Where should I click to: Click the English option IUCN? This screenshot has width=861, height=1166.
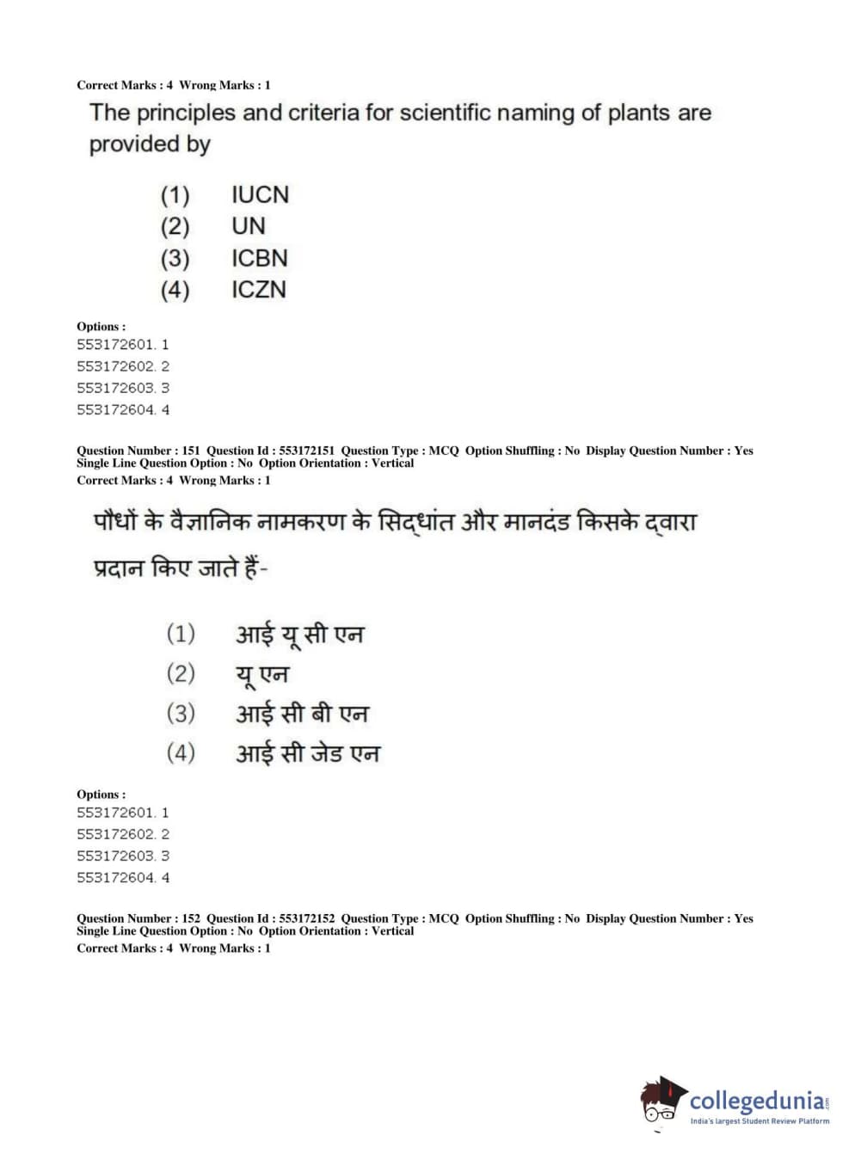point(260,195)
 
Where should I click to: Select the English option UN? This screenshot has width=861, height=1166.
point(248,227)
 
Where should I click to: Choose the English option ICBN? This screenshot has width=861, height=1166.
point(259,259)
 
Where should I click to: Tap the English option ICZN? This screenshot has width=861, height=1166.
point(258,290)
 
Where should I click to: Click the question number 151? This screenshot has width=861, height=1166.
point(191,451)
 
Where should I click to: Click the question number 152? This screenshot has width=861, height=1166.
point(191,918)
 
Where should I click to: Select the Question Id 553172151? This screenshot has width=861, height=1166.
point(306,451)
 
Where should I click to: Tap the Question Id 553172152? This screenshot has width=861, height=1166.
point(306,918)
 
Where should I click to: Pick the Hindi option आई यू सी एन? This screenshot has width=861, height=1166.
point(300,635)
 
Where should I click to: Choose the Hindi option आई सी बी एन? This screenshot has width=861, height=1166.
point(302,714)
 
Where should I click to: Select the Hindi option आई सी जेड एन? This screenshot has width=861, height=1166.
point(307,753)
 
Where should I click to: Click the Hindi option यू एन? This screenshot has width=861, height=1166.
point(262,674)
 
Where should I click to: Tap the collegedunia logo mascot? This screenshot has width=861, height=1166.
point(662,1101)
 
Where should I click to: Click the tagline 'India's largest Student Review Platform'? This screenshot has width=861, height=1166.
point(760,1121)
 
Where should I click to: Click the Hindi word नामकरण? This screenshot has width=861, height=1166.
point(300,521)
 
